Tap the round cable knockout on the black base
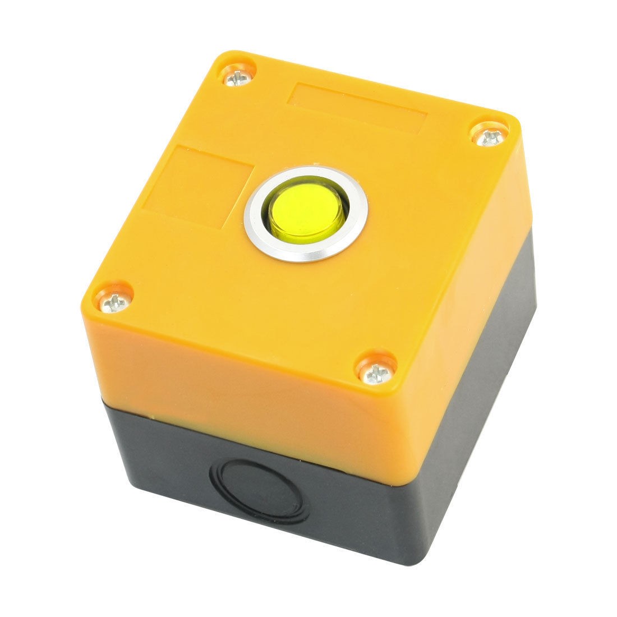coord(263,483)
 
